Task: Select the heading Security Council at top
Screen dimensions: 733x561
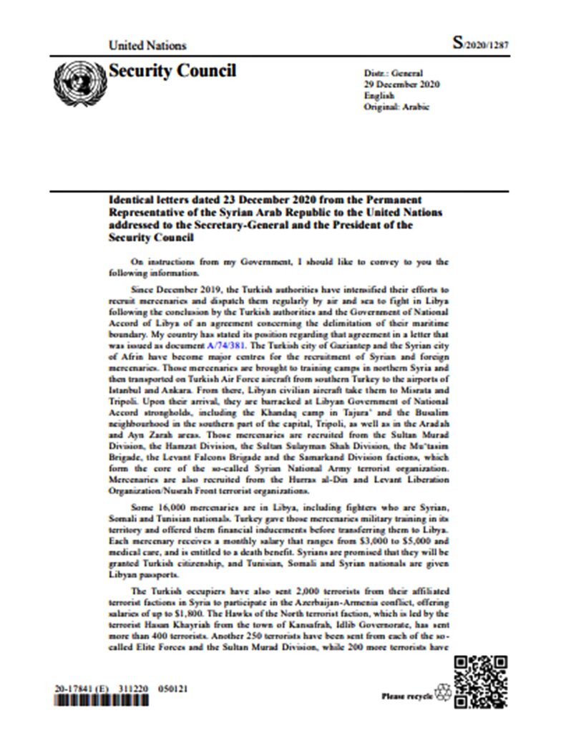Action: coord(172,71)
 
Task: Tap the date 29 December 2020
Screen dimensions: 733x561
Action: coord(402,84)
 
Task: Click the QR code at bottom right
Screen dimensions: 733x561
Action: coord(481,681)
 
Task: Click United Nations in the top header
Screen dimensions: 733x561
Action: coord(147,45)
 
